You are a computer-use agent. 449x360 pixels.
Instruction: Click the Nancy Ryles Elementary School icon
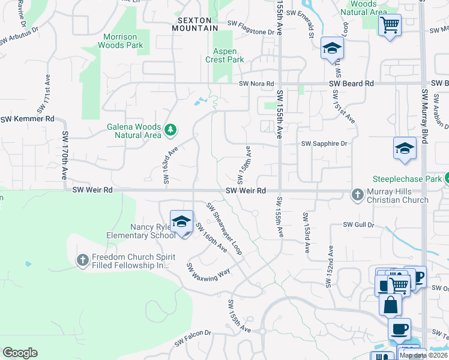[181, 223]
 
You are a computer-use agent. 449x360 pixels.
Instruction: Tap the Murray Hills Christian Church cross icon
[357, 194]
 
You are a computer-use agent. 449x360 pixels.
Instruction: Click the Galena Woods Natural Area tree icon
[170, 128]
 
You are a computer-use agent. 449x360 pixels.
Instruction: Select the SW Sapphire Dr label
[324, 144]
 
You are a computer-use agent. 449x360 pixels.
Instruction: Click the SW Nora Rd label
[256, 84]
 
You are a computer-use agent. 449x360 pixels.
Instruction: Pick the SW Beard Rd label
[351, 83]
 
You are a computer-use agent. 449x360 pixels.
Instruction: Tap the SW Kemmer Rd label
[28, 119]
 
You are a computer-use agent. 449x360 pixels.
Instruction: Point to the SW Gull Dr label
[358, 224]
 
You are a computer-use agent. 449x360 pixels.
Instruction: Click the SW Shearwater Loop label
[224, 229]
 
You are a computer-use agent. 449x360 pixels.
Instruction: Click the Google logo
[20, 353]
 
